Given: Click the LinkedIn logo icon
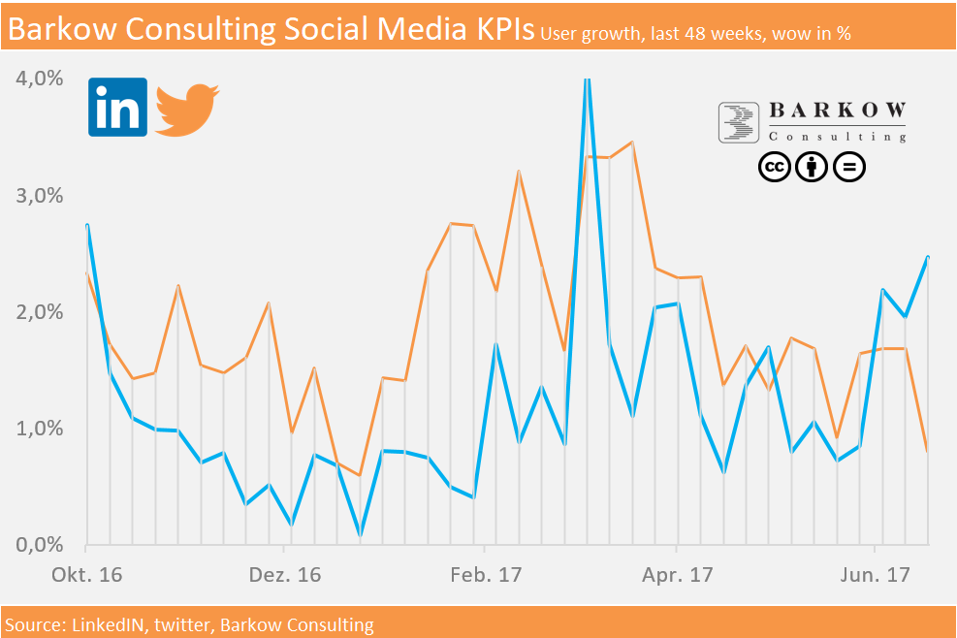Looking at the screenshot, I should pyautogui.click(x=117, y=107).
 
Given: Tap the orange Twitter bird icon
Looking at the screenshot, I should pyautogui.click(x=187, y=109).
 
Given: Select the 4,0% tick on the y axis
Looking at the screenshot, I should pyautogui.click(x=40, y=79).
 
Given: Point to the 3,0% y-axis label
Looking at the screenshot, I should pyautogui.click(x=40, y=195).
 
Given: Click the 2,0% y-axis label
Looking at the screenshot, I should pyautogui.click(x=40, y=312).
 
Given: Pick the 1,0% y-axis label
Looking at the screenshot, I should pyautogui.click(x=40, y=429).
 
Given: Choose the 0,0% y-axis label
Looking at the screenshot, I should pyautogui.click(x=40, y=545).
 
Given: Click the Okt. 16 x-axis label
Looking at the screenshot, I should pyautogui.click(x=87, y=575).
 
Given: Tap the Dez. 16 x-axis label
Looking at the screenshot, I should pyautogui.click(x=284, y=575).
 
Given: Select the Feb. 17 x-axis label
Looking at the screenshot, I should pyautogui.click(x=486, y=575).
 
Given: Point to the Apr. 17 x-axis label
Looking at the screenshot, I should pyautogui.click(x=677, y=575).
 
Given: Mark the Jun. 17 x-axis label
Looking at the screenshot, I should pyautogui.click(x=876, y=575).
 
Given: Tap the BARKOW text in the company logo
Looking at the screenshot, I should pyautogui.click(x=837, y=110).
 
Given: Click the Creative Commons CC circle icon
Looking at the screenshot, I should pyautogui.click(x=774, y=168).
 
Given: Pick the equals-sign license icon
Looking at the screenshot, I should pyautogui.click(x=849, y=168).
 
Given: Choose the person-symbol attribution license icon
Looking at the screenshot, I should pyautogui.click(x=812, y=168).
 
